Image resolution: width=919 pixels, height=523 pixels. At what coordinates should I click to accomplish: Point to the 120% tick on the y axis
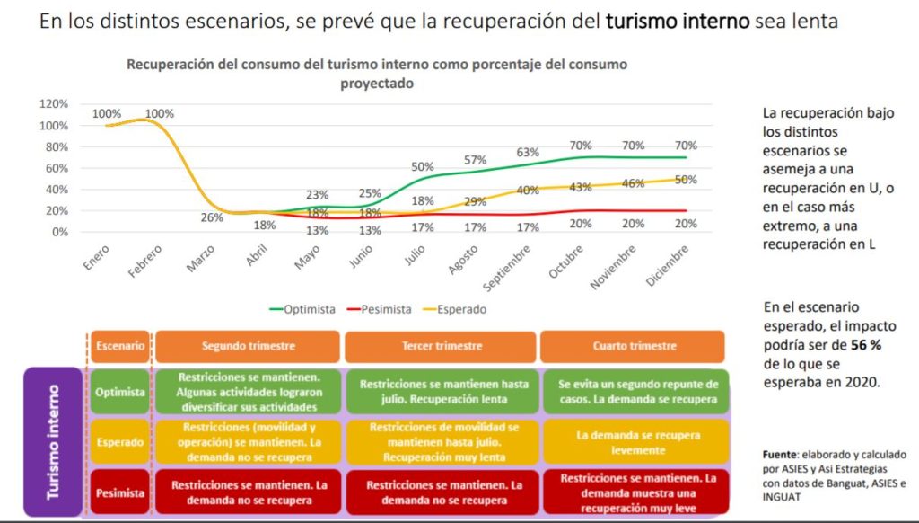coord(53,103)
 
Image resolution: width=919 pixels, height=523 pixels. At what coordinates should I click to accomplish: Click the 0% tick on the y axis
coord(59,232)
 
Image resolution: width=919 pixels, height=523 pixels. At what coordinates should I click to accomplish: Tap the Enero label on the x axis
coord(94,253)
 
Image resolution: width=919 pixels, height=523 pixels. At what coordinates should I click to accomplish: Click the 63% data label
coord(528,152)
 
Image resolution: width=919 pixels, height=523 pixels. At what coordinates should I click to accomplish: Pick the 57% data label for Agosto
coord(475,160)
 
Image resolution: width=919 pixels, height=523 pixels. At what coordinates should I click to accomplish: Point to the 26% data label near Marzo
coord(212,217)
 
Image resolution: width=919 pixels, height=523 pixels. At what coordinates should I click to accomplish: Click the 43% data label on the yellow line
coord(580,186)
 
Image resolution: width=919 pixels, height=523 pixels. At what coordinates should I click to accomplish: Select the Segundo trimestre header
coord(248,346)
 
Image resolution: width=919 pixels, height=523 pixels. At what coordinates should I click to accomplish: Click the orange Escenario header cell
coord(120,346)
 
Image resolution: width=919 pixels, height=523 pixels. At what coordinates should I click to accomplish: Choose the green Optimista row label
coord(120,391)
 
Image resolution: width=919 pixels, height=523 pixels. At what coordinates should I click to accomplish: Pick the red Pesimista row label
coord(120,492)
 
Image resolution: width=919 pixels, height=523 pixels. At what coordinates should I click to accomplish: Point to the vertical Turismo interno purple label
coord(54,441)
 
